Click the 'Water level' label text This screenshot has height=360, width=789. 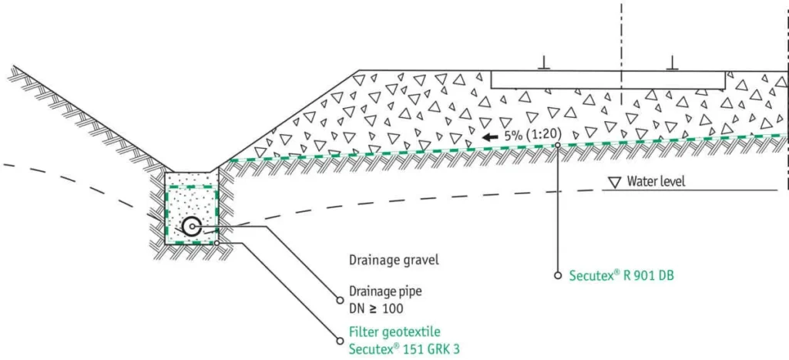656,181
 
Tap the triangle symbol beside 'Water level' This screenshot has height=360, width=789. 614,182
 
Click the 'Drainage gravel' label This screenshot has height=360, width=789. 394,261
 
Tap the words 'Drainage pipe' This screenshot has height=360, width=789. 382,292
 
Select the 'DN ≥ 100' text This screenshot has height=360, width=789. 376,308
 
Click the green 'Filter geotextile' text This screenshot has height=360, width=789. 394,332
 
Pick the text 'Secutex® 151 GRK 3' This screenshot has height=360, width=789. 404,348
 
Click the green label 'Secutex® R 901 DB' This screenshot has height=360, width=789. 622,276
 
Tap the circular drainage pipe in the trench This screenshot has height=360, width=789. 192,227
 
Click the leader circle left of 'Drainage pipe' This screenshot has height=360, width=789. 339,301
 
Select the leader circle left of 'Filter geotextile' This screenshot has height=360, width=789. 339,341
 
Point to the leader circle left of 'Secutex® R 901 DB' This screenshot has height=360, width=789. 558,276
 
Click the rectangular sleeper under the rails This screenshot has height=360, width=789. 608,79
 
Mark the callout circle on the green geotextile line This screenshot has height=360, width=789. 558,145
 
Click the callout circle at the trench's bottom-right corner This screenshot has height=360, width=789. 217,243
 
